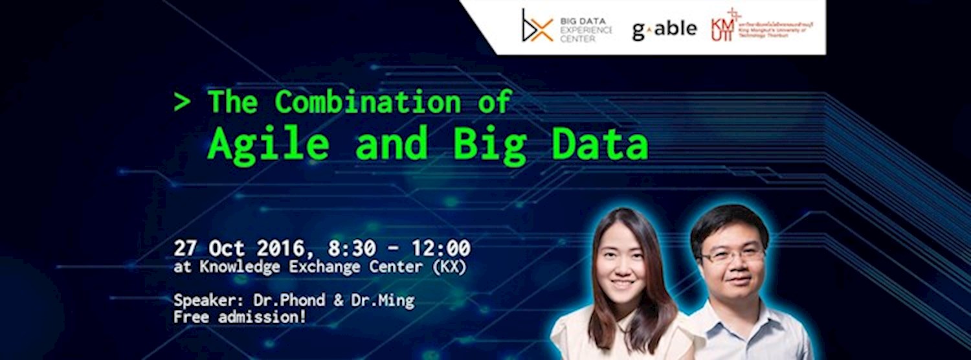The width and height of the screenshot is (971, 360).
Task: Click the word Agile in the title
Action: click(268, 145)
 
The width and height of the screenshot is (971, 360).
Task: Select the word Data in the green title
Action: click(599, 145)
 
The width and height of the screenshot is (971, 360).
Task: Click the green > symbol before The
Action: click(182, 102)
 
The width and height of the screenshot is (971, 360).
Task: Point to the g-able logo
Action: click(664, 29)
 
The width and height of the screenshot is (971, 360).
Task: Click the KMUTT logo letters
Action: click(722, 27)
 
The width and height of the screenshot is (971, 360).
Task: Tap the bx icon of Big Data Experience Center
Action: click(537, 26)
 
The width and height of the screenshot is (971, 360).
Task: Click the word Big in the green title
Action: click(489, 145)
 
